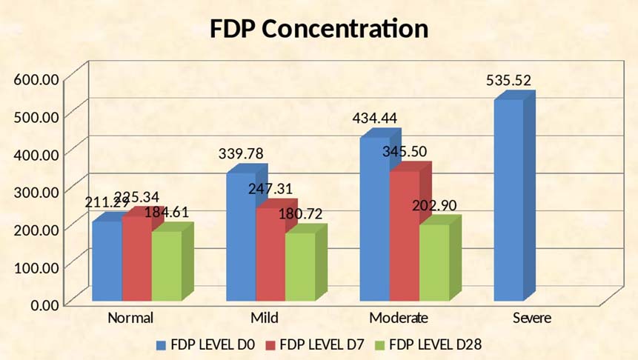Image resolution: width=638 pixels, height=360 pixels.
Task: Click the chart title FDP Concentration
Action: coord(319,29)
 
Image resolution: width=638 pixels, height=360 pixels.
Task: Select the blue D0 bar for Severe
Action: coord(508,200)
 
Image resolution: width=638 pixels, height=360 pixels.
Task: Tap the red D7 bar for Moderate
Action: coord(403,237)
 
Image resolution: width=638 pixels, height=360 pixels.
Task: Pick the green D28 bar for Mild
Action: coord(299,267)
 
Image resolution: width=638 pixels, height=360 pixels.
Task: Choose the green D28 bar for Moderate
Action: coord(433,262)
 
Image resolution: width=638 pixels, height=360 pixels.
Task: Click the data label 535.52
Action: coord(508,81)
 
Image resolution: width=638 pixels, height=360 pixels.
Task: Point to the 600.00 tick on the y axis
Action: coord(36,79)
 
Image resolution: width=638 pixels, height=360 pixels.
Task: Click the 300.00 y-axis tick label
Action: coord(36,191)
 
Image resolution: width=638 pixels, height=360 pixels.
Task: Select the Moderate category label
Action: coord(398,319)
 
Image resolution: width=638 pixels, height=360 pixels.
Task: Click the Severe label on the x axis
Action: coord(531,319)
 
